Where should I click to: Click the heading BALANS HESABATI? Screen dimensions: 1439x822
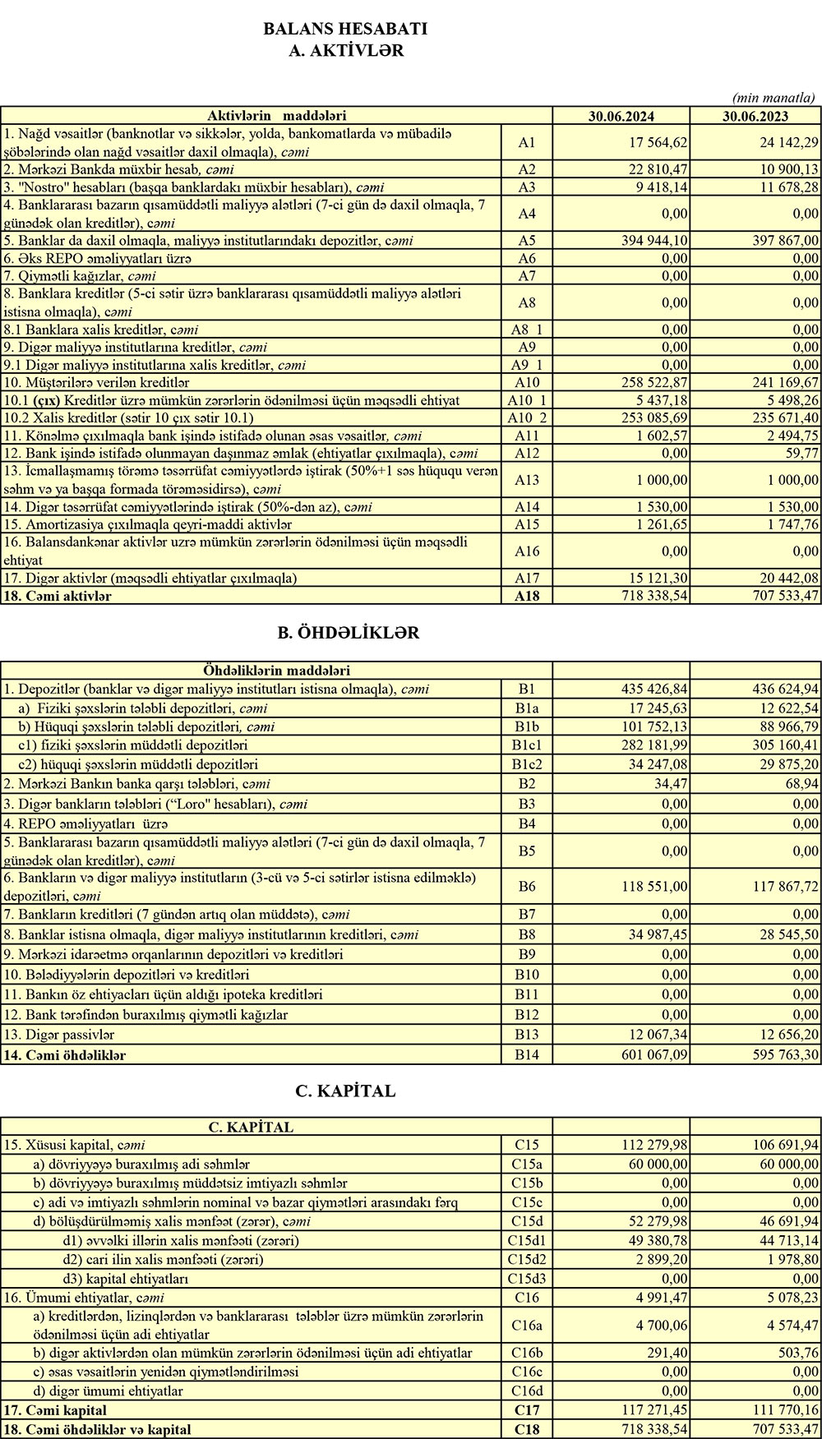(345, 29)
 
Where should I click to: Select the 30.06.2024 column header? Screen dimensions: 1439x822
(621, 116)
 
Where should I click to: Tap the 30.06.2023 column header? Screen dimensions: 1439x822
(755, 116)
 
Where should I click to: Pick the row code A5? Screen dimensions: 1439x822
(527, 241)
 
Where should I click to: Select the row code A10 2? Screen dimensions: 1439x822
(527, 418)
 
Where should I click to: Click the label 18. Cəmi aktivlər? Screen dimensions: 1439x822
(58, 596)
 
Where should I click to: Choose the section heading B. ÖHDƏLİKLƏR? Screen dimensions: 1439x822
(349, 633)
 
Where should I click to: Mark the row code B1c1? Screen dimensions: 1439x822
(527, 746)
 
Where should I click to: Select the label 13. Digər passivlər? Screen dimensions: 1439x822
(59, 1035)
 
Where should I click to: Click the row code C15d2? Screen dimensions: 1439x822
(527, 1259)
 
